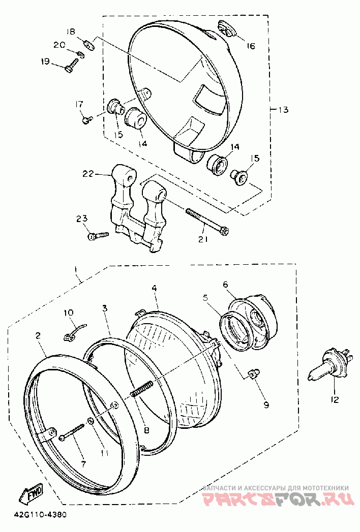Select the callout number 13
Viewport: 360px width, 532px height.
click(283, 110)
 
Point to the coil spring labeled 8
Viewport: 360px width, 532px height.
click(141, 388)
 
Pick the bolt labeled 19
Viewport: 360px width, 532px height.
click(72, 65)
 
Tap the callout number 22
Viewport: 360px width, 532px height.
click(87, 174)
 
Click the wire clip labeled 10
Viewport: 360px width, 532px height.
click(75, 331)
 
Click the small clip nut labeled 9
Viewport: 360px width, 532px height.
click(252, 374)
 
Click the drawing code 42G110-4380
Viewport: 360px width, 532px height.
click(40, 515)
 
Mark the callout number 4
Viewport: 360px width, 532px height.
click(154, 289)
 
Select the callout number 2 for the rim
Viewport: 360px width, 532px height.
click(38, 336)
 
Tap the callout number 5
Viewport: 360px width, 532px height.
click(205, 298)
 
